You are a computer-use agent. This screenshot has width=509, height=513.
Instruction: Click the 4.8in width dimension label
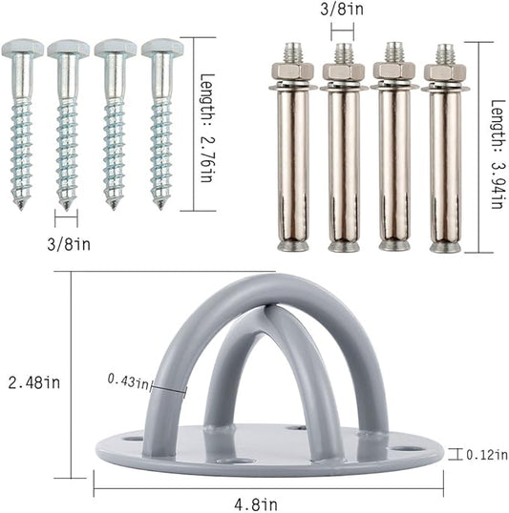256,504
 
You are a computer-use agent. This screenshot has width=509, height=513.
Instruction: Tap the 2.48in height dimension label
34,382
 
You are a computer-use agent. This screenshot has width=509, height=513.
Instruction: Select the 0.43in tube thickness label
128,381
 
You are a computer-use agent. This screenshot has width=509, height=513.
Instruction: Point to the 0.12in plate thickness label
487,455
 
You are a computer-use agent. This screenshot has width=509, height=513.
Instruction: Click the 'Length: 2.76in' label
207,128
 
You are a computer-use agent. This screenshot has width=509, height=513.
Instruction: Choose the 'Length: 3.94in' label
498,154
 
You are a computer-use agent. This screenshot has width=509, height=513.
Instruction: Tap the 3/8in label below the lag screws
69,244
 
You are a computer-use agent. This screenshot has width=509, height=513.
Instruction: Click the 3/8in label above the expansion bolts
342,9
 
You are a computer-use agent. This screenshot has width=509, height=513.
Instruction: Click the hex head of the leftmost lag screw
22,48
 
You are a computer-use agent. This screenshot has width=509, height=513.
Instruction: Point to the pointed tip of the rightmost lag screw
160,207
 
